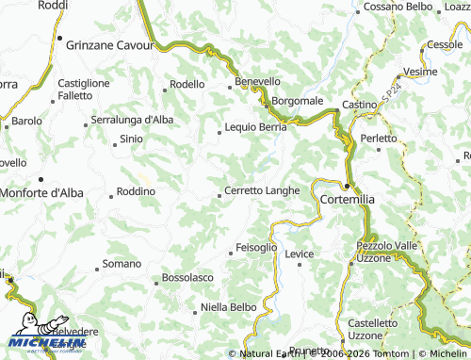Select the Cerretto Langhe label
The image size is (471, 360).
pos(262,190)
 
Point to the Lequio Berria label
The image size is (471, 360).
pos(255,127)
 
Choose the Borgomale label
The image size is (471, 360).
pos(298,101)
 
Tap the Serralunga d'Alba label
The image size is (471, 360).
pos(132,120)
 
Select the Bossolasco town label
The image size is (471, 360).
pos(187,278)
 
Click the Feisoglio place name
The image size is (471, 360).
pos(256,247)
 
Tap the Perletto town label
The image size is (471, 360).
pos(380,139)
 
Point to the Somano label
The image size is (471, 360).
pos(121,264)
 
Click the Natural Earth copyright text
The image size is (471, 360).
pos(268,354)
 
